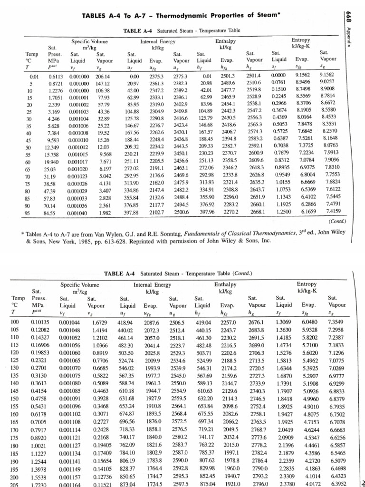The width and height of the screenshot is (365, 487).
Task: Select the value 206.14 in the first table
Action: click(x=102, y=76)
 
